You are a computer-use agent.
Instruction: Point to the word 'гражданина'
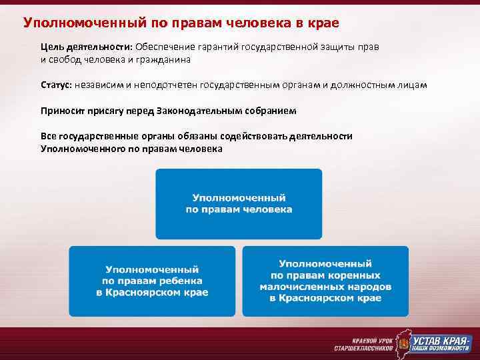point(167,59)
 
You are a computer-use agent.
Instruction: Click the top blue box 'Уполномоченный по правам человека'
point(239,204)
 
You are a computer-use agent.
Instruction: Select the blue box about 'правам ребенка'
point(152,281)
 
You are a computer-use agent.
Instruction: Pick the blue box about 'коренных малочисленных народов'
point(325,281)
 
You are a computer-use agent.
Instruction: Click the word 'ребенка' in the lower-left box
point(184,281)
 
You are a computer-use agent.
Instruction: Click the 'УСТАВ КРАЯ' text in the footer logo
point(438,337)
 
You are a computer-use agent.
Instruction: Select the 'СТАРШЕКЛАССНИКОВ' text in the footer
point(359,348)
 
